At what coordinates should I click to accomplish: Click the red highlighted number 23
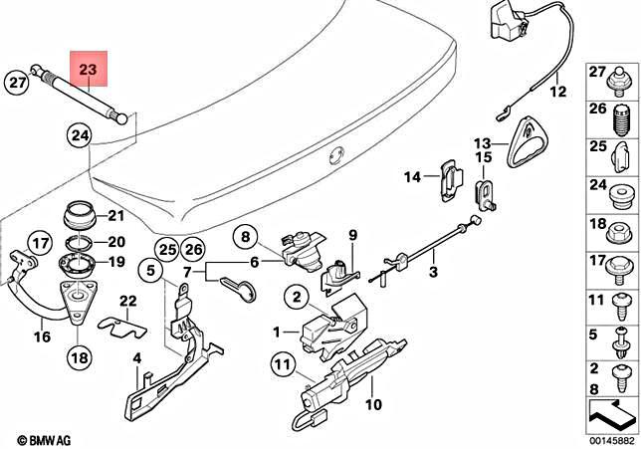point(88,69)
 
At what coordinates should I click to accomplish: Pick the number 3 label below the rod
point(433,271)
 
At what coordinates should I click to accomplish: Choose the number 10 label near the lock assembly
point(373,404)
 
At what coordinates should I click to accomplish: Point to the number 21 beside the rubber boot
point(115,216)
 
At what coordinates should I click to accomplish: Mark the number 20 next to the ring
point(115,241)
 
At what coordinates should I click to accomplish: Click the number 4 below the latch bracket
point(138,357)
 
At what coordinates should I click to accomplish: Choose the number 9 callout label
point(351,234)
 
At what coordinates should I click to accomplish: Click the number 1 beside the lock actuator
point(278,330)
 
